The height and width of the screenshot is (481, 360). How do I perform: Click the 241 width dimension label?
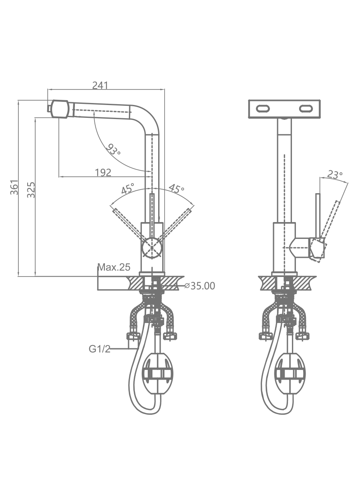(x=100, y=85)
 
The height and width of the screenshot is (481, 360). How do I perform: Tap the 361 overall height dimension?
(x=14, y=187)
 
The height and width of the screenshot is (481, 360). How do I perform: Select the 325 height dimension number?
(x=31, y=190)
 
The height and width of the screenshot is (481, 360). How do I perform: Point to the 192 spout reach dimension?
(x=103, y=172)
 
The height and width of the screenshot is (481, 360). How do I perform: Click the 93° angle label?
(x=113, y=149)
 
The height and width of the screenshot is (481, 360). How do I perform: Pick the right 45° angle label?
(x=176, y=188)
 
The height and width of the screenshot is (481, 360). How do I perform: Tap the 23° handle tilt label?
(x=335, y=175)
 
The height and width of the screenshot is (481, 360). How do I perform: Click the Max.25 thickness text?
(x=114, y=267)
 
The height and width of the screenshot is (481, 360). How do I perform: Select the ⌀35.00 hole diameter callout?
(x=199, y=286)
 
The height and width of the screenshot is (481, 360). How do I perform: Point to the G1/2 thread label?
(x=100, y=349)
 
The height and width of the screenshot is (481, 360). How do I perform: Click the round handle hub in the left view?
(x=152, y=248)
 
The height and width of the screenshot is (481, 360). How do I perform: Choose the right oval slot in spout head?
(x=306, y=109)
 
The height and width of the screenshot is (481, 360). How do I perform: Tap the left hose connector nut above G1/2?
(x=133, y=336)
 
